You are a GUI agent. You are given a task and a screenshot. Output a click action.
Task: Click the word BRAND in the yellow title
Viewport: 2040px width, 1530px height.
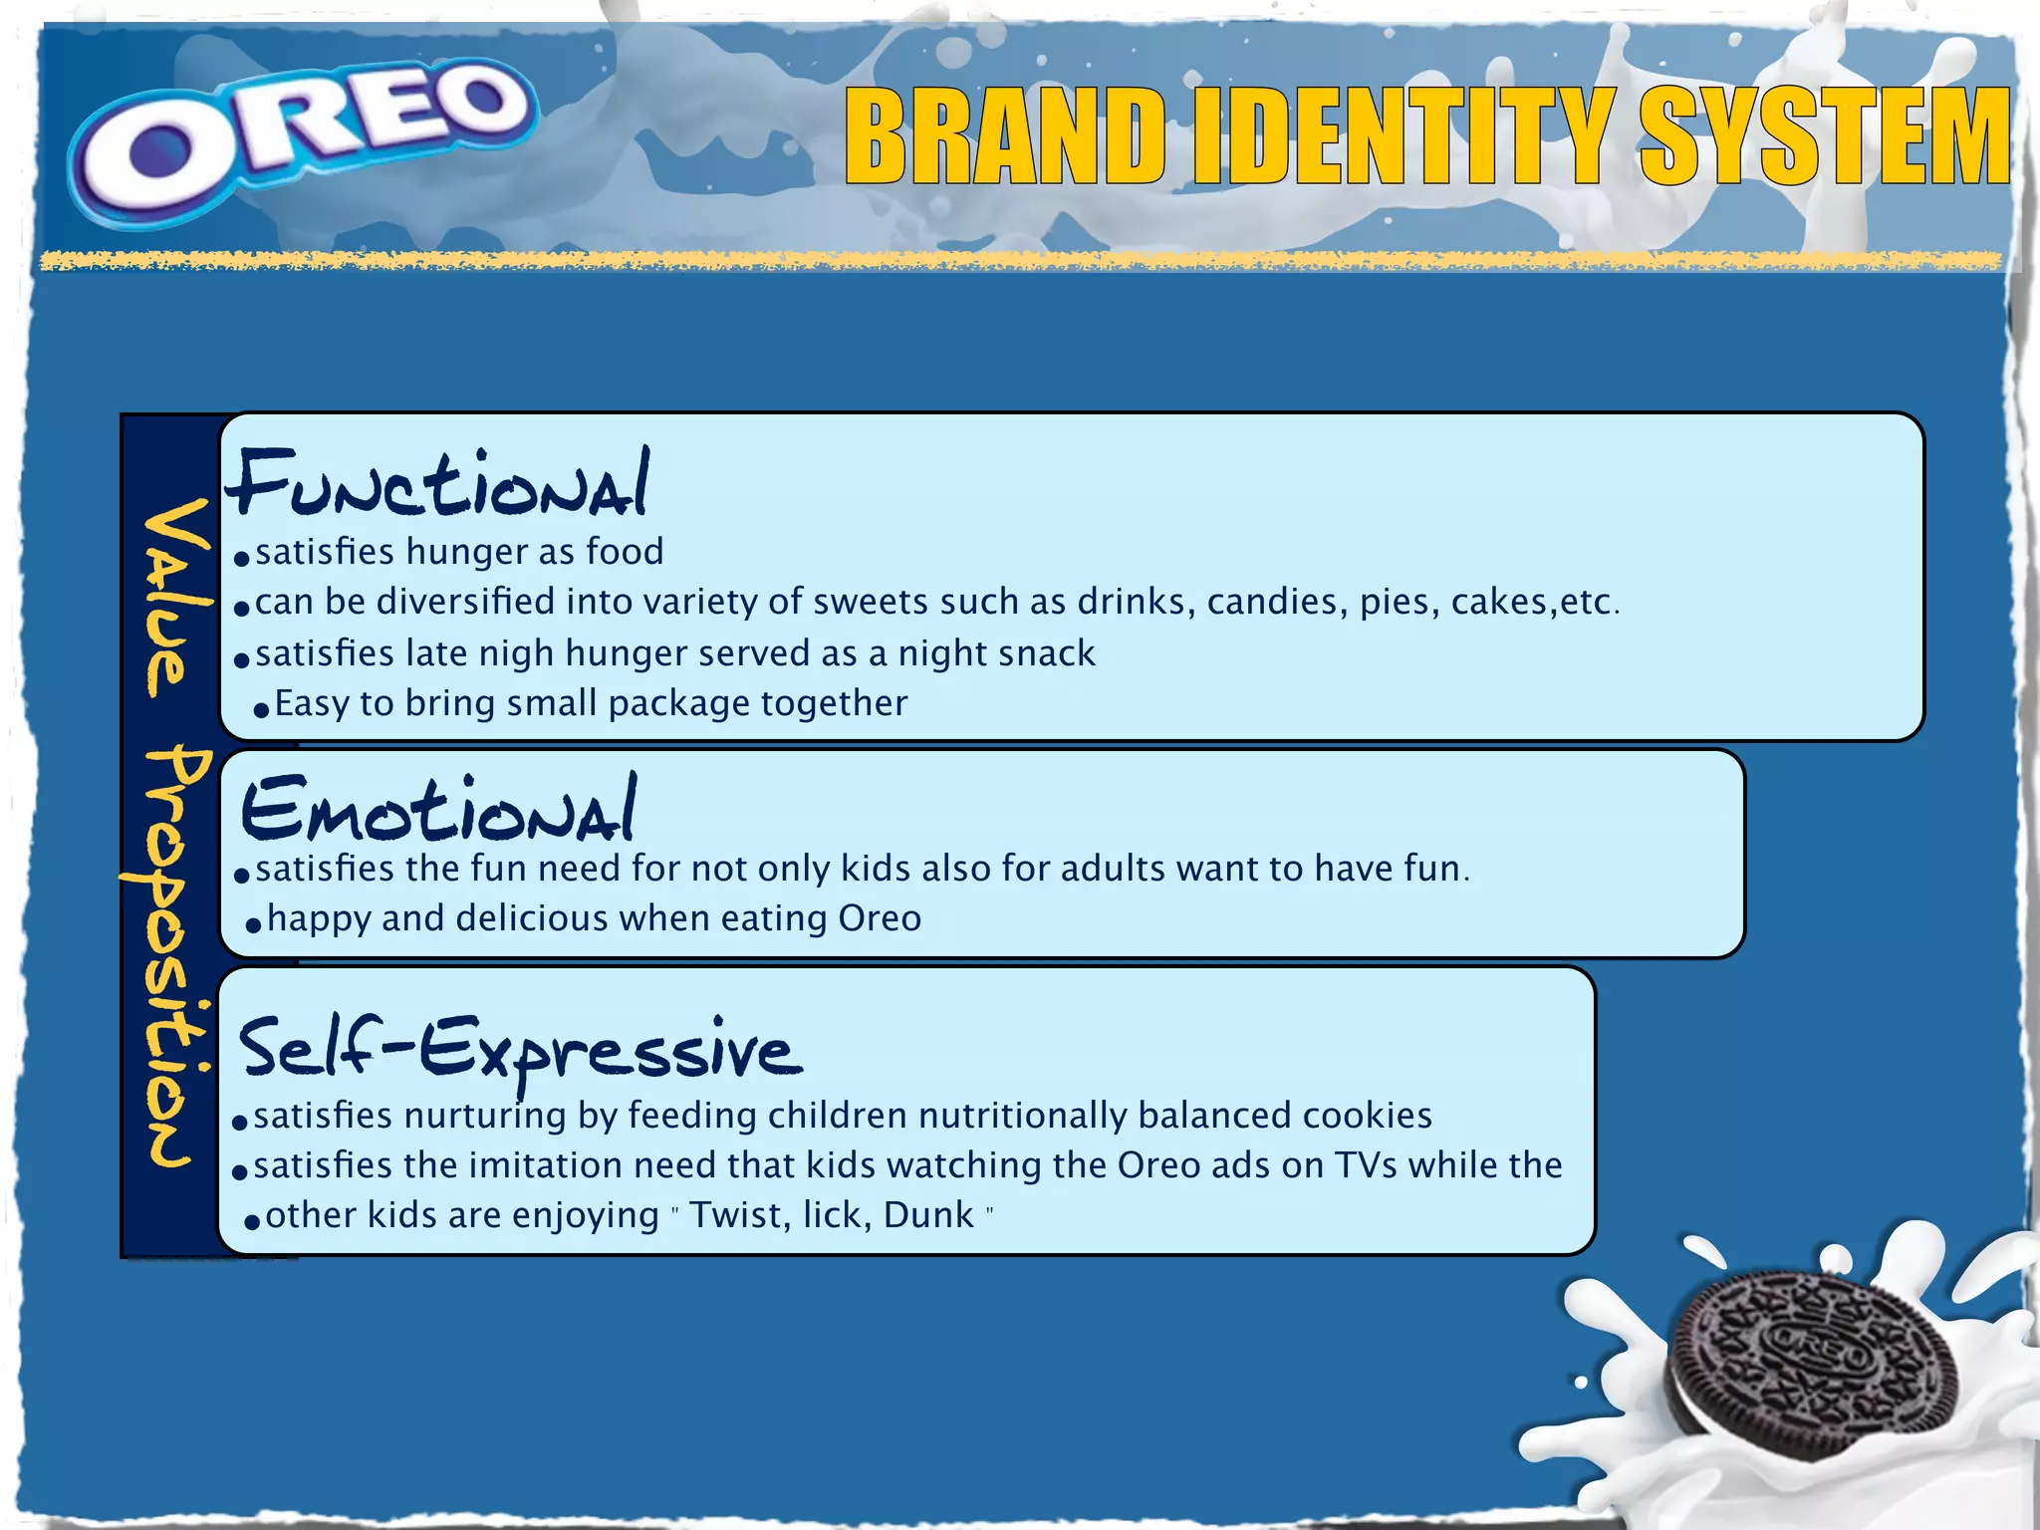point(1006,136)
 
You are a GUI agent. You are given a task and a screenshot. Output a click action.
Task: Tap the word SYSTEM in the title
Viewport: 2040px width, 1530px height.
point(1825,136)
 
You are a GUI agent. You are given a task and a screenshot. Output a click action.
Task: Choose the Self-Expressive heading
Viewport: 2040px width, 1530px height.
point(518,1049)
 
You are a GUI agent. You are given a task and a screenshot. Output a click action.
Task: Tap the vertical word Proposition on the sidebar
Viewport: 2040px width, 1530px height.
point(169,956)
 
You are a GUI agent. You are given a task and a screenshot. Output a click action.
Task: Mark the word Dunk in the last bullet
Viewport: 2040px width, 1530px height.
point(928,1215)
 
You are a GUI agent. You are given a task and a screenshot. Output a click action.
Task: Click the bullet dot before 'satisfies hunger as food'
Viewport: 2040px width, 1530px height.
point(241,558)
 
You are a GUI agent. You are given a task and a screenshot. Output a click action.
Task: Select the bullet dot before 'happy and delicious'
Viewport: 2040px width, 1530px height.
point(253,925)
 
